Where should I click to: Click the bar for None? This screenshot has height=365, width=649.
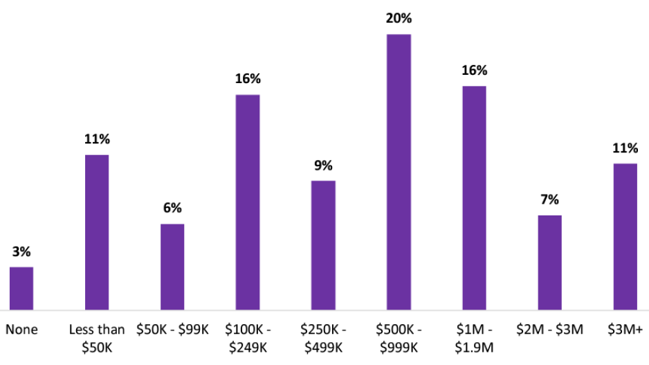click(21, 288)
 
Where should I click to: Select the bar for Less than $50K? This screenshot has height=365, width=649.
click(97, 232)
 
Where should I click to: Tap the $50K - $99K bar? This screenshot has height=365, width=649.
click(172, 267)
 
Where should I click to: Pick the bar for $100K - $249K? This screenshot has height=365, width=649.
click(248, 202)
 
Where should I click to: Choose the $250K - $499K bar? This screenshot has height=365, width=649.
click(323, 245)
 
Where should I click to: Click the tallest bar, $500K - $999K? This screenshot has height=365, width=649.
click(399, 172)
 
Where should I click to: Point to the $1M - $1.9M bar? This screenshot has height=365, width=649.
click(474, 198)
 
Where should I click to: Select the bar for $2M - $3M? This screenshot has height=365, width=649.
click(549, 262)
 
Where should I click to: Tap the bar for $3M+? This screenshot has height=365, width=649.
click(625, 237)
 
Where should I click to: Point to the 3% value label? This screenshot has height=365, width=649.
click(21, 252)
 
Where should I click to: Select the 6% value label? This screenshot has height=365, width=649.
click(172, 208)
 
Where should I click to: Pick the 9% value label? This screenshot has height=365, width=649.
click(323, 166)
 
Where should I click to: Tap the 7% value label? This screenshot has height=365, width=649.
click(549, 200)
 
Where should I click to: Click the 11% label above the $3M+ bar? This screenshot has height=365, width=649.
click(625, 148)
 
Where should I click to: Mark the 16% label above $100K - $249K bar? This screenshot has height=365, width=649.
click(248, 80)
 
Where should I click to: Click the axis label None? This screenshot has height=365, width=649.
click(21, 330)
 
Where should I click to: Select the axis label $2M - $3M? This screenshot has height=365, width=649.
click(549, 330)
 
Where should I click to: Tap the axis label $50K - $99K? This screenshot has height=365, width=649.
click(172, 330)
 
